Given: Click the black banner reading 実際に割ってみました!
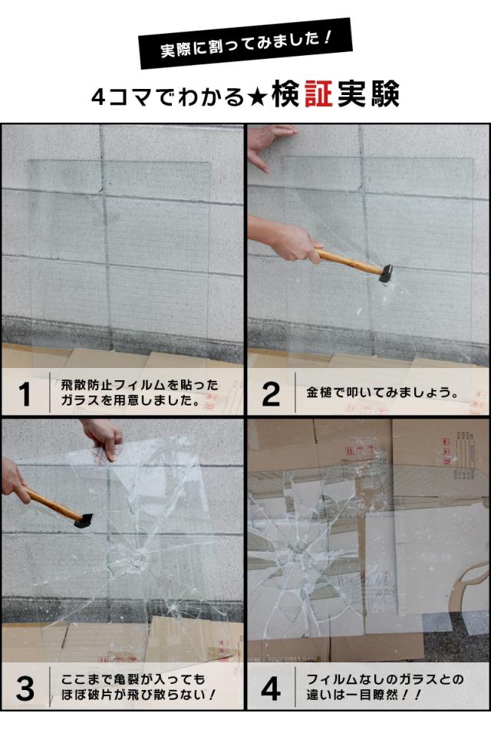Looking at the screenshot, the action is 245,44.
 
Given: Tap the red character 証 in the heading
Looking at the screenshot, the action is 318,94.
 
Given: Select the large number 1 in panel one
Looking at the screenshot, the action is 24,393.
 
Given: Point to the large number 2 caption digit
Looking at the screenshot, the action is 271,393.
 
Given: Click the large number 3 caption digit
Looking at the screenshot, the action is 25,688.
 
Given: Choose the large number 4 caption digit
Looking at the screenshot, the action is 271,688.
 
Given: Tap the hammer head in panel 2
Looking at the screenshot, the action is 386,273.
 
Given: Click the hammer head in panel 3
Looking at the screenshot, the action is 84,521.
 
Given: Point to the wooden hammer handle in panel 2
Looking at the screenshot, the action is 350,262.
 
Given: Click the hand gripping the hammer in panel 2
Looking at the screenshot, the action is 296,243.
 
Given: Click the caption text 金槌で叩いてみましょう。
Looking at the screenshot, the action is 383,393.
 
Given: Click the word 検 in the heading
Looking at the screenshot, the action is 286,94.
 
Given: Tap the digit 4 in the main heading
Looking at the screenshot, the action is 99,97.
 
